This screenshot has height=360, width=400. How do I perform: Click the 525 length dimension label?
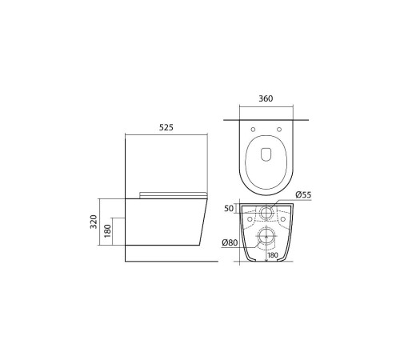pyautogui.click(x=166, y=127)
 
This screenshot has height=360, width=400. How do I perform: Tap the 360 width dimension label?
pyautogui.click(x=266, y=98)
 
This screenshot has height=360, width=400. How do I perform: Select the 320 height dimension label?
pyautogui.click(x=94, y=222)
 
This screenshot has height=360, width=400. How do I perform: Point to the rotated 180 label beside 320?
pyautogui.click(x=107, y=231)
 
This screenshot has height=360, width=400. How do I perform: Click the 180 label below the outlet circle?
pyautogui.click(x=273, y=255)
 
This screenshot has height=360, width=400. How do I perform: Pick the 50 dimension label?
pyautogui.click(x=229, y=208)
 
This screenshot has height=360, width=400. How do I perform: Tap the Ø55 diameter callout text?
pyautogui.click(x=303, y=194)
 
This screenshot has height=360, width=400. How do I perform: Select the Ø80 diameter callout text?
pyautogui.click(x=230, y=242)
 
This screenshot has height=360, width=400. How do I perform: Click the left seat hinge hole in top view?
pyautogui.click(x=253, y=130)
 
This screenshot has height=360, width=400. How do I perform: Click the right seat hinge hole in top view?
pyautogui.click(x=279, y=130)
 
